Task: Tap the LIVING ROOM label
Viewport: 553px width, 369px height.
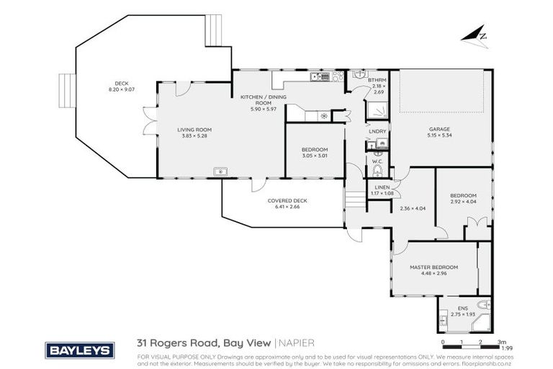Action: pos(194,130)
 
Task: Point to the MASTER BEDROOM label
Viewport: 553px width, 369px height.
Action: pos(433,267)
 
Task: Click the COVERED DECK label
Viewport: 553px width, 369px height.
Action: pos(287,201)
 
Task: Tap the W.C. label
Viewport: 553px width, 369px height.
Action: pos(377,161)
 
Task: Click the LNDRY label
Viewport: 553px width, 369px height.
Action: pos(377,131)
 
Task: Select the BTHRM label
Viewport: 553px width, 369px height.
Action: pos(377,79)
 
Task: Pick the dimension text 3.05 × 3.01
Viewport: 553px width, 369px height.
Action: pos(314,156)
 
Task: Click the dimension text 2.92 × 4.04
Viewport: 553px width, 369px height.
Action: pos(463,202)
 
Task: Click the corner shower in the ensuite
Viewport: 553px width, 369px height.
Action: pos(480,322)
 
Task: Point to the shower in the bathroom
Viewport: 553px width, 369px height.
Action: pos(377,110)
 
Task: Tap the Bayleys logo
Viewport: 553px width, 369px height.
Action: pos(80,350)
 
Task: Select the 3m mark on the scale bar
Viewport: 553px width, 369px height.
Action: pos(502,342)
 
